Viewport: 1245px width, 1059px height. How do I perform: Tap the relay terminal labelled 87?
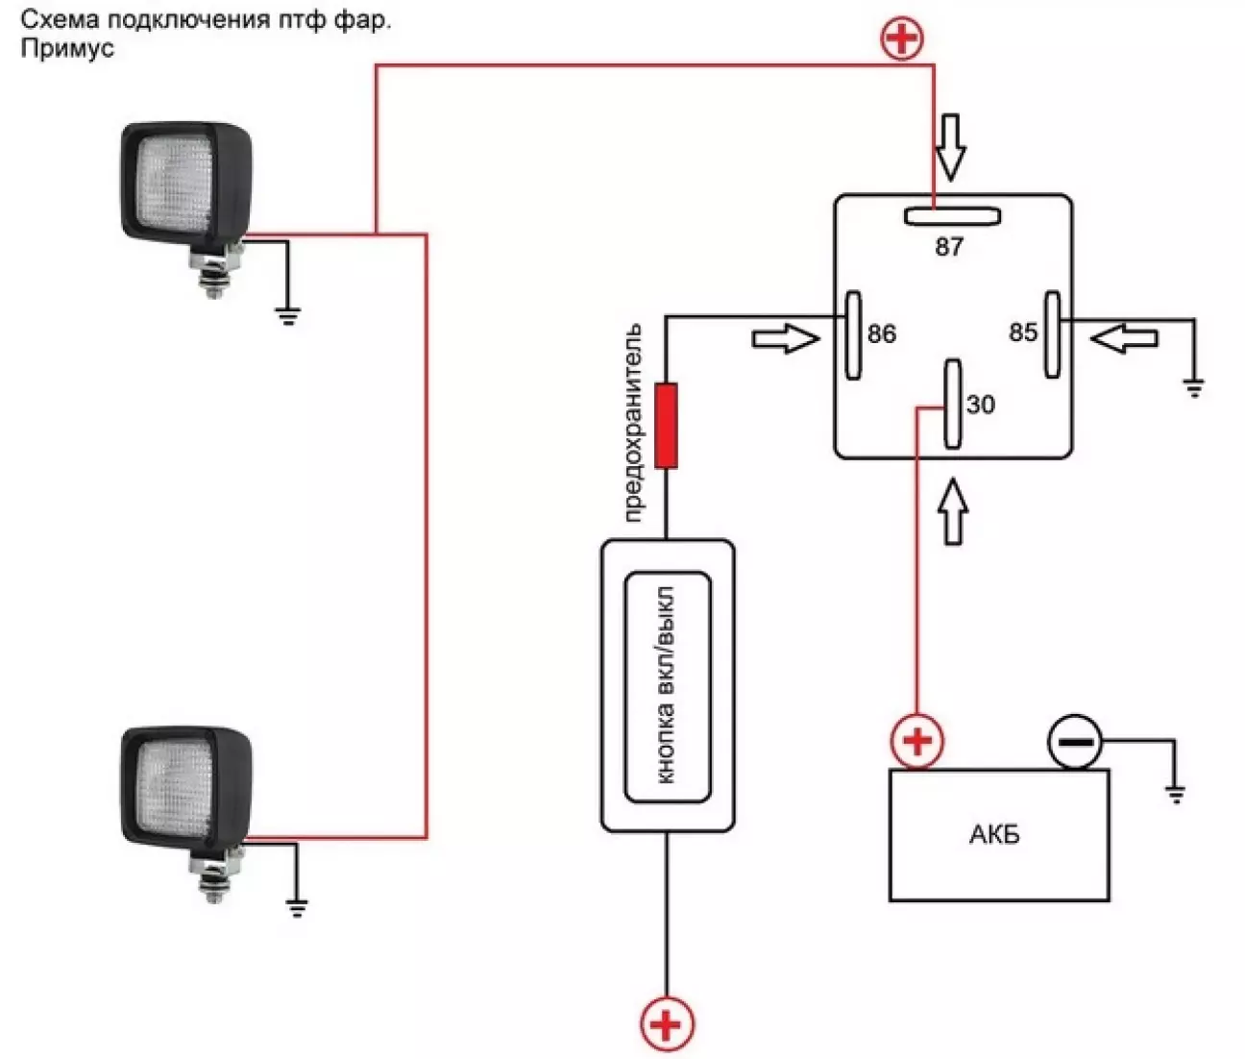[x=952, y=216]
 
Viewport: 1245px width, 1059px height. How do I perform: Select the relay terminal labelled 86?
[x=853, y=335]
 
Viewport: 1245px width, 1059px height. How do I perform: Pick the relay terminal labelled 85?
[x=1052, y=335]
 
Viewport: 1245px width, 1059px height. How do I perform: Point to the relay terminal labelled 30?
[x=952, y=405]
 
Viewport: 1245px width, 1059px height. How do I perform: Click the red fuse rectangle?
[x=666, y=426]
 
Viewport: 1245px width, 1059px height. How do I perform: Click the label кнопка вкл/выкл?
[x=666, y=685]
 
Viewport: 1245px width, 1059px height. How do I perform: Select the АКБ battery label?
[x=994, y=834]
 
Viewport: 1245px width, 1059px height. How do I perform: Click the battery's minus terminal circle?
[x=1075, y=742]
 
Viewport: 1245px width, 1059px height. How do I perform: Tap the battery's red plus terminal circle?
[x=916, y=742]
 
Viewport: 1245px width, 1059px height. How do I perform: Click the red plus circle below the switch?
[x=667, y=1024]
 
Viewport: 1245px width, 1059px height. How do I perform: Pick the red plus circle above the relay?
[x=902, y=37]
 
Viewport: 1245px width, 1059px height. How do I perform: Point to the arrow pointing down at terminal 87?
[x=950, y=148]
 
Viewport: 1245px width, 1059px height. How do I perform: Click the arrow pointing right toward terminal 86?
[x=786, y=338]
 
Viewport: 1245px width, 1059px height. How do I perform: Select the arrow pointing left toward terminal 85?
[x=1124, y=338]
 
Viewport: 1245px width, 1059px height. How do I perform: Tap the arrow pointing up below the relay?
[x=953, y=512]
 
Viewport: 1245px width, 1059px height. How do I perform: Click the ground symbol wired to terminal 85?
[x=1193, y=388]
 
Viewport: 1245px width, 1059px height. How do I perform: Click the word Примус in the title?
[x=67, y=49]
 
